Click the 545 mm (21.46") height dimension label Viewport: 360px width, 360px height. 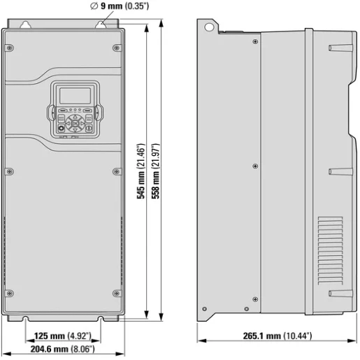[x=141, y=171]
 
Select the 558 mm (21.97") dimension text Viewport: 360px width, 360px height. [x=157, y=171]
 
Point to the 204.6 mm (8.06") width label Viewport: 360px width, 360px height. [x=62, y=348]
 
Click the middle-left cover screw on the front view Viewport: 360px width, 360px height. [x=9, y=170]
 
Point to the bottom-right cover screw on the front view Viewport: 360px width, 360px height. [x=115, y=293]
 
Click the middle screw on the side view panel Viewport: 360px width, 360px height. [x=254, y=166]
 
